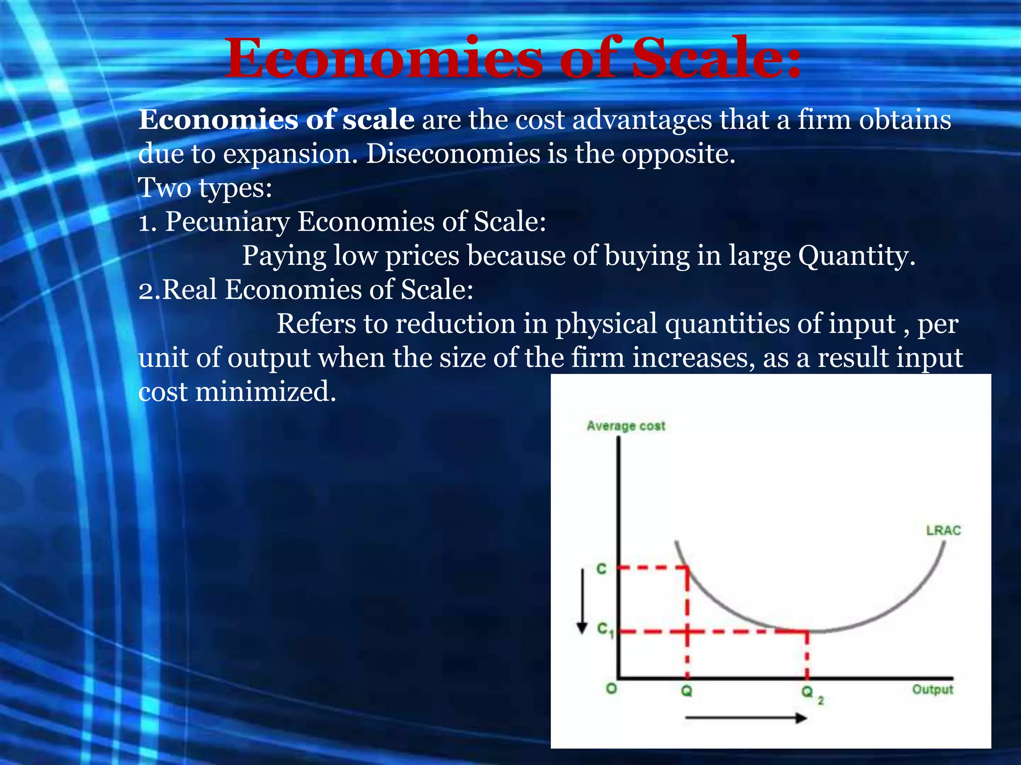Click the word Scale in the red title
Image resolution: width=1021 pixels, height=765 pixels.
(716, 58)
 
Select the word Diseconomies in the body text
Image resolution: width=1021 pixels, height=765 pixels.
(453, 154)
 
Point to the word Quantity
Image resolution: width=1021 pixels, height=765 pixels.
(856, 256)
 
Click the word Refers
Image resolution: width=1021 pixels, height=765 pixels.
(316, 324)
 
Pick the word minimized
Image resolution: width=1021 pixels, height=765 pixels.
(265, 391)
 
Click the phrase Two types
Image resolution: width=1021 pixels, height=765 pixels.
(205, 188)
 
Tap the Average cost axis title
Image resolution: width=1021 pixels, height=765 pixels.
(626, 426)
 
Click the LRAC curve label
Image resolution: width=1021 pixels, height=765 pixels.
(943, 530)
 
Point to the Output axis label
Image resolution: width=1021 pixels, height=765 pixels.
(932, 690)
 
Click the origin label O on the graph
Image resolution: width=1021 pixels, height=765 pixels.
(611, 689)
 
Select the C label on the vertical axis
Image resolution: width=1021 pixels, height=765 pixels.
(602, 569)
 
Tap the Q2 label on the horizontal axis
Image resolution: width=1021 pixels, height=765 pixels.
(811, 693)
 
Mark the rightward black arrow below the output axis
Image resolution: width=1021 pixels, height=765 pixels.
(746, 718)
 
